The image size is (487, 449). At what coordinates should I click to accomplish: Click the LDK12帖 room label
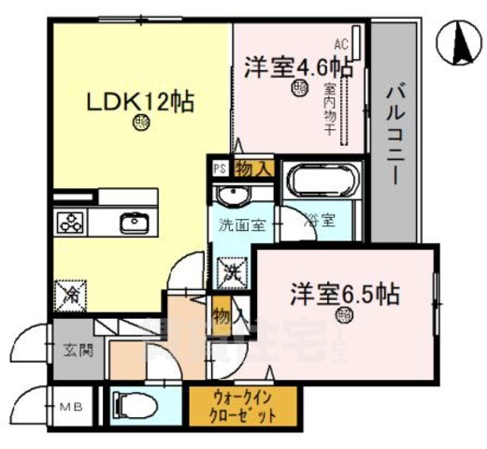click(x=140, y=102)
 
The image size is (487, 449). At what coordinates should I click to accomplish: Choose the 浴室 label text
click(x=320, y=222)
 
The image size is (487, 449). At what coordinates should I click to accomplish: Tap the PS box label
click(x=220, y=169)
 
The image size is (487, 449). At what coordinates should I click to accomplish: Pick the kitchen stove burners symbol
click(x=72, y=223)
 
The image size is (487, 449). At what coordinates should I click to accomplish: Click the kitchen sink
click(x=133, y=222)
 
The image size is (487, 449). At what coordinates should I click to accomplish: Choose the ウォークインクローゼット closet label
click(x=246, y=405)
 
